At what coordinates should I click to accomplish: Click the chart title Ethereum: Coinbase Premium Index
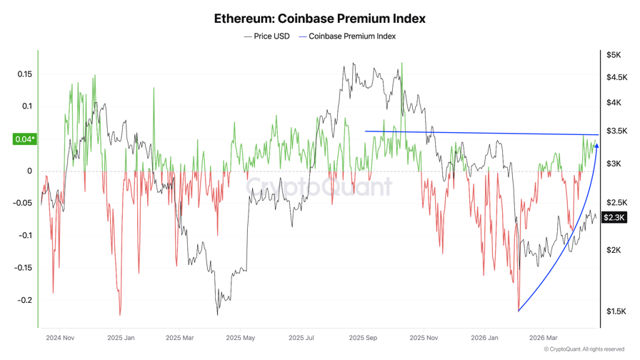click(319, 19)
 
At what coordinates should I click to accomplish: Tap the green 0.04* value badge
click(24, 139)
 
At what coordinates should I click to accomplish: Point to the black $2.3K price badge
click(614, 217)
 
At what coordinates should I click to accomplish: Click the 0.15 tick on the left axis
click(24, 74)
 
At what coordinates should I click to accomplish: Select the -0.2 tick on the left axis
click(24, 301)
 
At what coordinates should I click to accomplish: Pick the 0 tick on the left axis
click(29, 171)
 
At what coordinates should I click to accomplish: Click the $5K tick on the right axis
click(613, 55)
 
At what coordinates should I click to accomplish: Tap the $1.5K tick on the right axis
click(615, 311)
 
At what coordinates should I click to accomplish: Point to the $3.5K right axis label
click(616, 131)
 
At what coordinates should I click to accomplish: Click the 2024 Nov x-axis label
click(59, 338)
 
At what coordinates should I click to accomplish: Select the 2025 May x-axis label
click(240, 338)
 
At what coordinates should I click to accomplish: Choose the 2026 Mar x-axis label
click(544, 338)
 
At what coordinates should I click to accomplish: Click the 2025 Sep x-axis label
click(363, 338)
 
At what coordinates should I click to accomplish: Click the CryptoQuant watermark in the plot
click(319, 187)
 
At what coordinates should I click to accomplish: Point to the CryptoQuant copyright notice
click(584, 349)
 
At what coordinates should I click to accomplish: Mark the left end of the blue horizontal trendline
click(366, 131)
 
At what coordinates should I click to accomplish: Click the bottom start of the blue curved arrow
click(518, 311)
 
